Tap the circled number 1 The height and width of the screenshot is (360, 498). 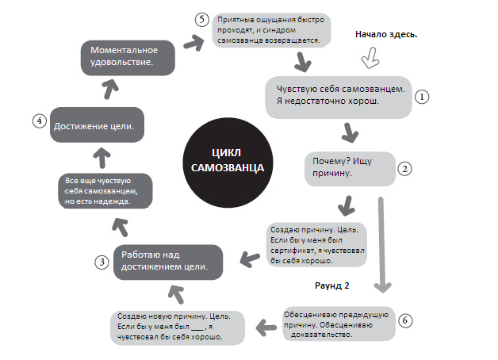[422, 96]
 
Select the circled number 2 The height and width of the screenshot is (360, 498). [404, 168]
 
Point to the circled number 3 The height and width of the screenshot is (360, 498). [102, 262]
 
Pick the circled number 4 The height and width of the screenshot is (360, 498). [37, 121]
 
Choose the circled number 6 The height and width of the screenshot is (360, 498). [405, 320]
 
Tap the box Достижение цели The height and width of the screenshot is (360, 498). [95, 125]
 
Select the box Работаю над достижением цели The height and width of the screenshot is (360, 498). [167, 260]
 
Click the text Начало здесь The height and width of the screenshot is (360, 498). [387, 35]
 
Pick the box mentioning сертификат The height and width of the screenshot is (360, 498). [315, 244]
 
